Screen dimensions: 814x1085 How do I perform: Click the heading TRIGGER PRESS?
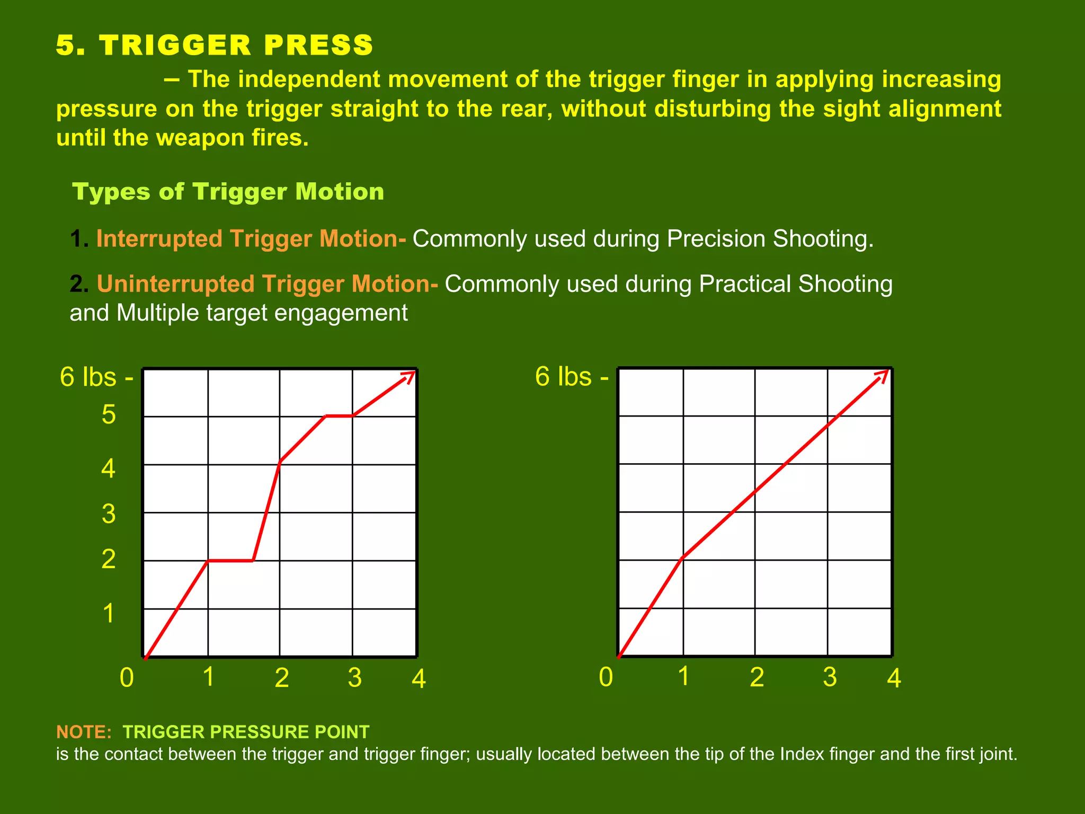(x=236, y=45)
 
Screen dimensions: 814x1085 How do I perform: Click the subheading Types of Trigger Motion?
(x=228, y=192)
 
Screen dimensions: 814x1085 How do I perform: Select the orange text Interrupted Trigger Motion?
(x=247, y=239)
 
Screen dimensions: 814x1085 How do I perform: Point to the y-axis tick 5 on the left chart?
(x=109, y=414)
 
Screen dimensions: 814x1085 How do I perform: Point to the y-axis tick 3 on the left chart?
(x=109, y=514)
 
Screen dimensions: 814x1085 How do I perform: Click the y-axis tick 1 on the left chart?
(x=109, y=614)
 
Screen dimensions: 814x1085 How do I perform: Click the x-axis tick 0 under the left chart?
(x=127, y=678)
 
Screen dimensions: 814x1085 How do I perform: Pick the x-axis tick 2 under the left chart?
(x=282, y=678)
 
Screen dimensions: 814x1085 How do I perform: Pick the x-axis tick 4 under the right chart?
(x=894, y=678)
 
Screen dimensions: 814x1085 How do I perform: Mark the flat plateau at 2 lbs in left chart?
(x=231, y=560)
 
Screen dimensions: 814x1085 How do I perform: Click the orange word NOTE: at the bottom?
(x=84, y=732)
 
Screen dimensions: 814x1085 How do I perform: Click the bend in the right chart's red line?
(x=683, y=558)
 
